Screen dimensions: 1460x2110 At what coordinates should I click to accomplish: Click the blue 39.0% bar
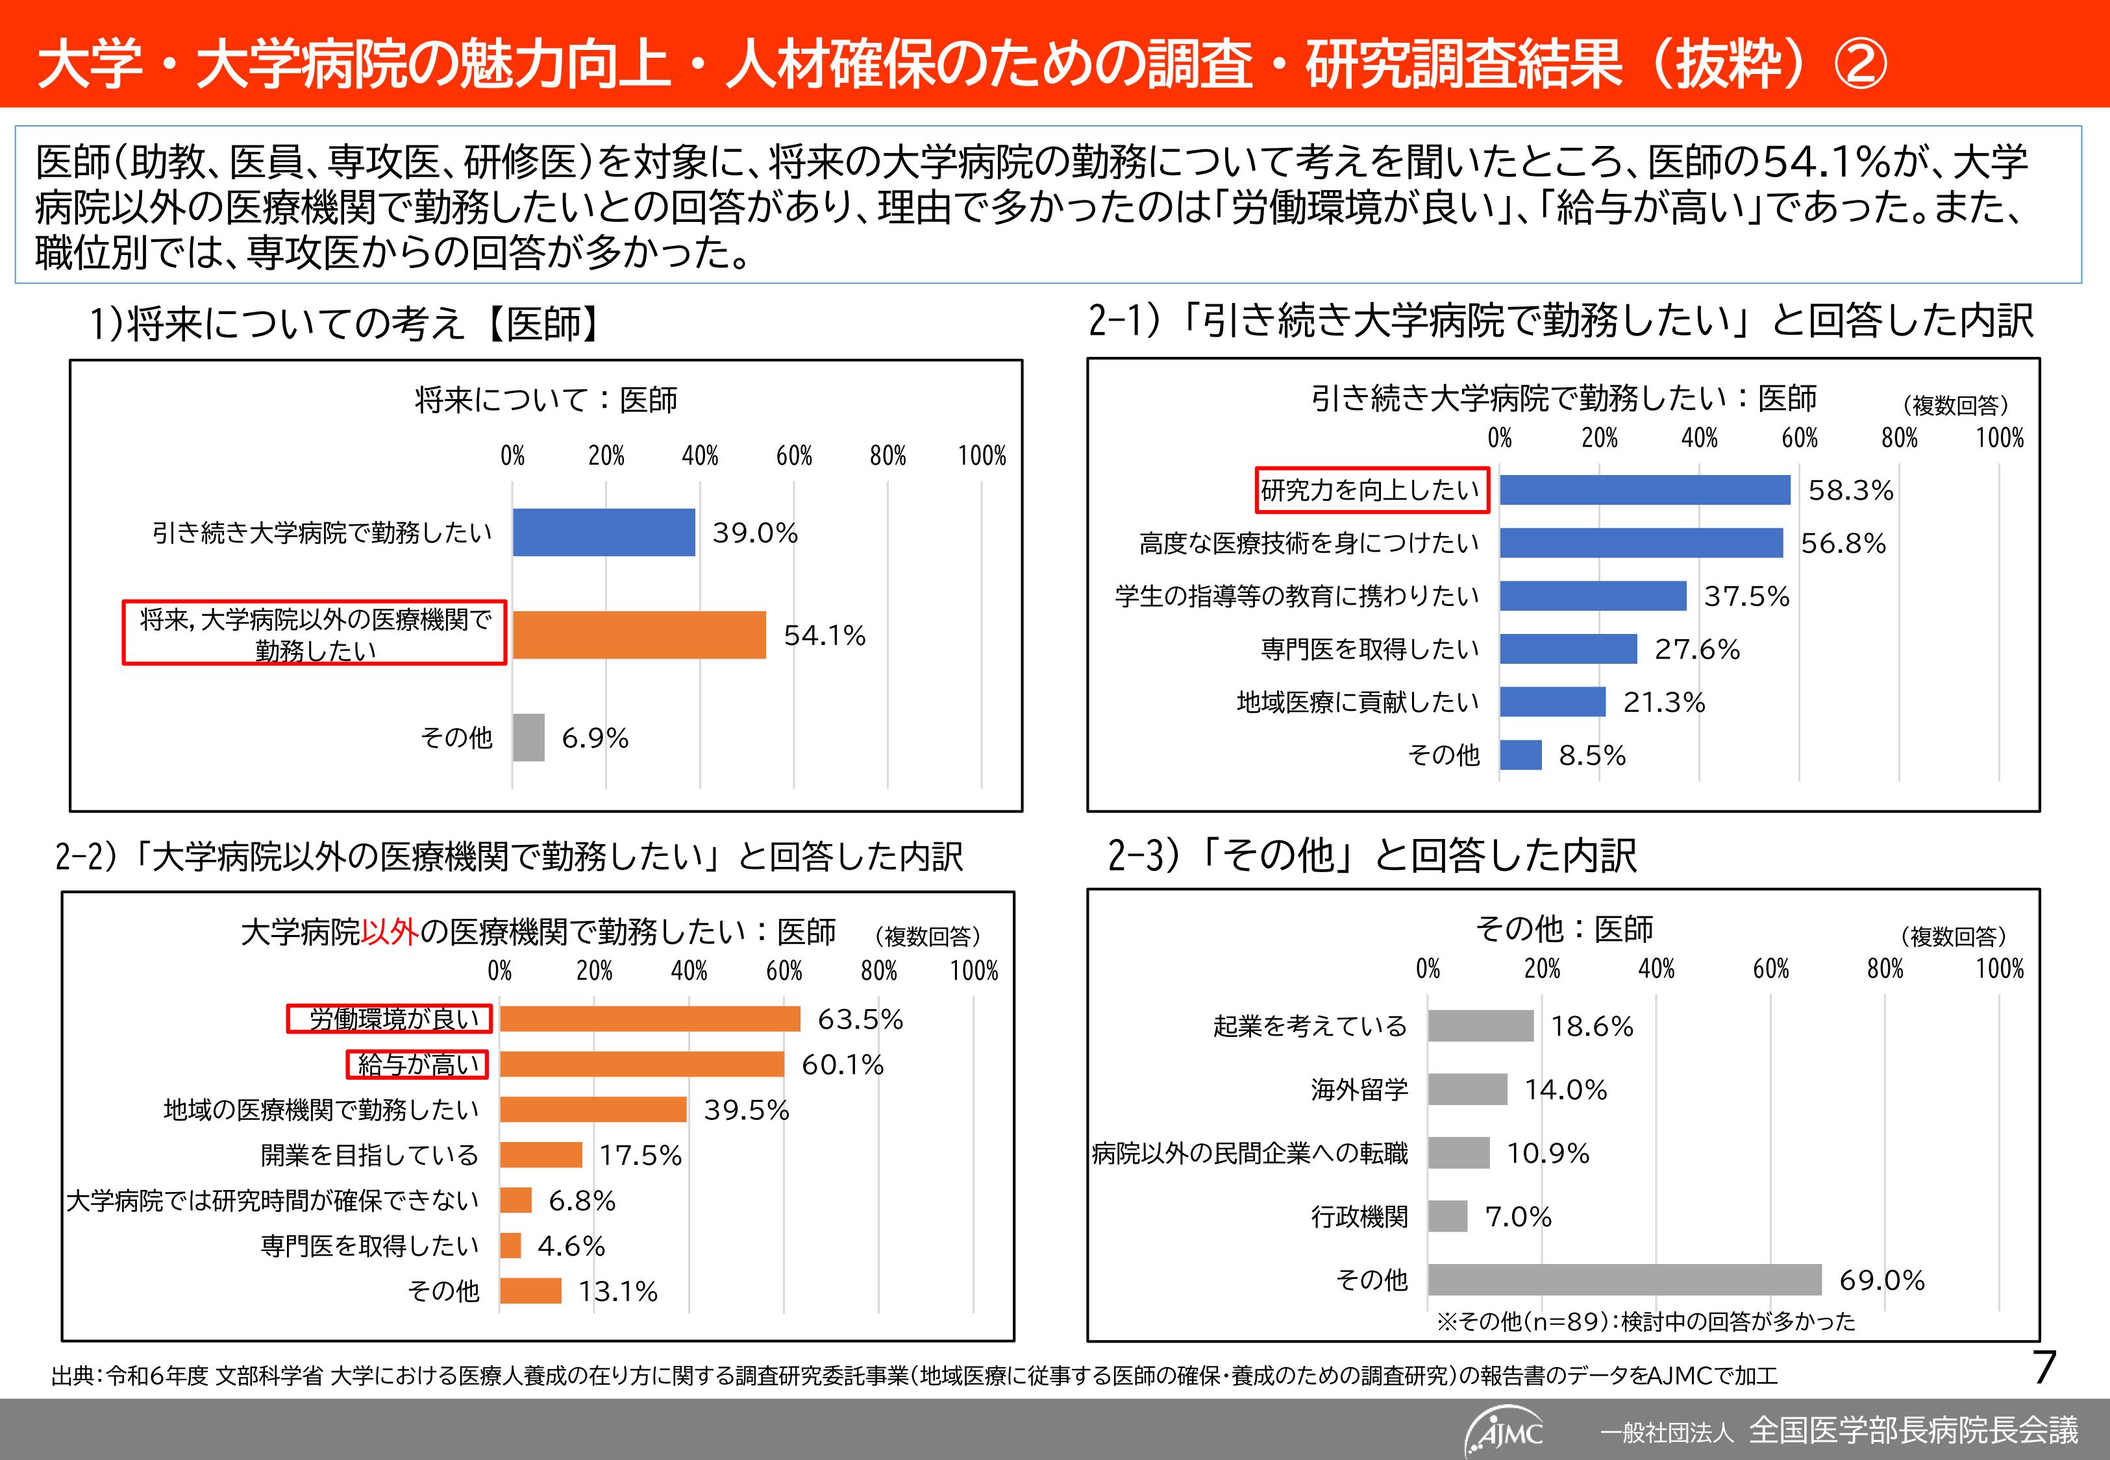pos(603,532)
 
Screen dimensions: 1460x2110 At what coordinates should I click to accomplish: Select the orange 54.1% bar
pos(639,635)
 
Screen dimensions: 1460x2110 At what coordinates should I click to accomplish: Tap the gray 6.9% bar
pos(528,737)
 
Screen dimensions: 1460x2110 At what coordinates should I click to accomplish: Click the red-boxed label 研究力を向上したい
pos(1370,491)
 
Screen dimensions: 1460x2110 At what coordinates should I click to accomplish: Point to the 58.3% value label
pos(1850,491)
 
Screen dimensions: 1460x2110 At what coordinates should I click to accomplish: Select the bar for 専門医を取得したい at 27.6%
pos(1567,650)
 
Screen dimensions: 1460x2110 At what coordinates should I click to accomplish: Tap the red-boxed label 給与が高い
pos(417,1065)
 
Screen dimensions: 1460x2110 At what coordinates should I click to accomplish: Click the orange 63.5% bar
pos(650,1019)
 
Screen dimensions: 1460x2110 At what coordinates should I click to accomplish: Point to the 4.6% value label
pos(571,1246)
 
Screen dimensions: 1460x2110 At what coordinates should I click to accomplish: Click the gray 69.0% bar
pos(1624,1280)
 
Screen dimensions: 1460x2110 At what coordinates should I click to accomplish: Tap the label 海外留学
pos(1359,1089)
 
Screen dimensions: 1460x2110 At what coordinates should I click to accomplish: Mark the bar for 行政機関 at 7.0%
pos(1448,1217)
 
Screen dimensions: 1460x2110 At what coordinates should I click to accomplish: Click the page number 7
pos(2045,1369)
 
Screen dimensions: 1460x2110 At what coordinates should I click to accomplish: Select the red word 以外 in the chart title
pos(390,932)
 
